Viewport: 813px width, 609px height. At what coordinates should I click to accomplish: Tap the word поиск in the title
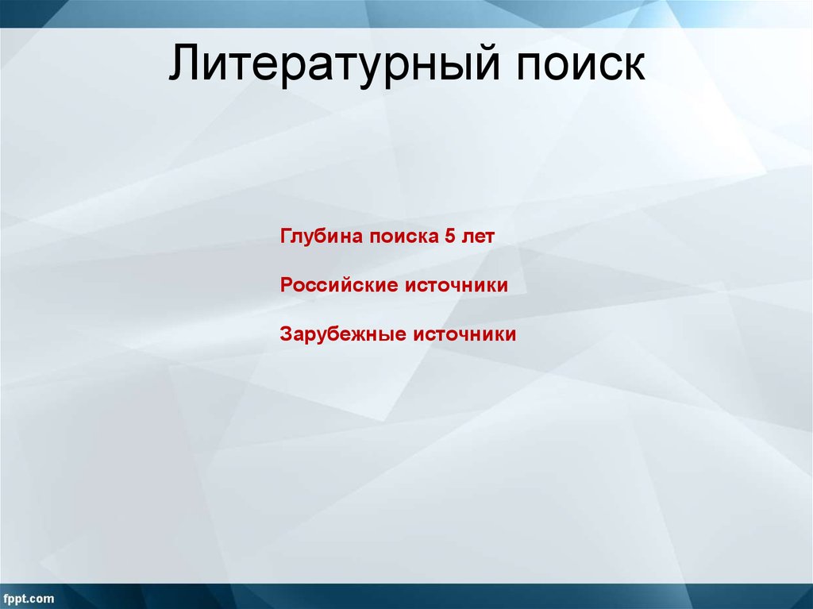pos(582,65)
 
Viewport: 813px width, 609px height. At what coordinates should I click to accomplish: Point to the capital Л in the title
pos(183,65)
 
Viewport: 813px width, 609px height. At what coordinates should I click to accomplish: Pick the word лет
pos(478,237)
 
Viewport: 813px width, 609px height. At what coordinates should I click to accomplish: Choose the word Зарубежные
pos(343,334)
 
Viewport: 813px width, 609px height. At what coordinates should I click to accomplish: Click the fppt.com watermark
pos(29,598)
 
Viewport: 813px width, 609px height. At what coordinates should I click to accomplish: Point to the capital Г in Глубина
pos(285,237)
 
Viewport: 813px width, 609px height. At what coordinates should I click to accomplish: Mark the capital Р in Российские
pos(286,285)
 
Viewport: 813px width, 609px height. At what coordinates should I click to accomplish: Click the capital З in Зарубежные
pos(285,334)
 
